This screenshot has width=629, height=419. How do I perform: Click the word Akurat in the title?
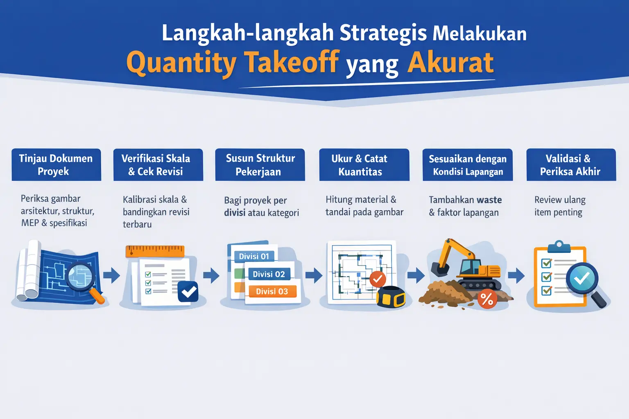(450, 63)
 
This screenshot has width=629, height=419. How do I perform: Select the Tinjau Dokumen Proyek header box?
(56, 164)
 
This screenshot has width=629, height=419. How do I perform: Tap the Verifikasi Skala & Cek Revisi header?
(158, 164)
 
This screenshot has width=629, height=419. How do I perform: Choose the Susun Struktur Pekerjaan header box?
(260, 164)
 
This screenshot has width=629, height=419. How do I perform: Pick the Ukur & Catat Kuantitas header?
(364, 164)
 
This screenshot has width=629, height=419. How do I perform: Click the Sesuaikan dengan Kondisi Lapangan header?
(467, 164)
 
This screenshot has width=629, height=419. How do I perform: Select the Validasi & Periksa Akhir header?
(571, 164)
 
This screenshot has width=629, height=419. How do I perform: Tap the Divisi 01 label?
(254, 256)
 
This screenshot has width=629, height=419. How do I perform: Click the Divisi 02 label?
(269, 274)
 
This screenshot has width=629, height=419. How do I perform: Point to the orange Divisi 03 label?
(272, 291)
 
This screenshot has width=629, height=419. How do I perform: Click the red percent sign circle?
(487, 300)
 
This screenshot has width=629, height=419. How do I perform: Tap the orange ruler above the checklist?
(155, 250)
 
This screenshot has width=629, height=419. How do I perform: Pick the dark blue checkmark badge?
(188, 291)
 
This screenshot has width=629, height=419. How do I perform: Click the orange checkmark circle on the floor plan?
(377, 279)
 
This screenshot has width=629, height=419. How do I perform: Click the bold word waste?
(486, 200)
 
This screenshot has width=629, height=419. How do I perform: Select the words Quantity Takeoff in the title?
(233, 63)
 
